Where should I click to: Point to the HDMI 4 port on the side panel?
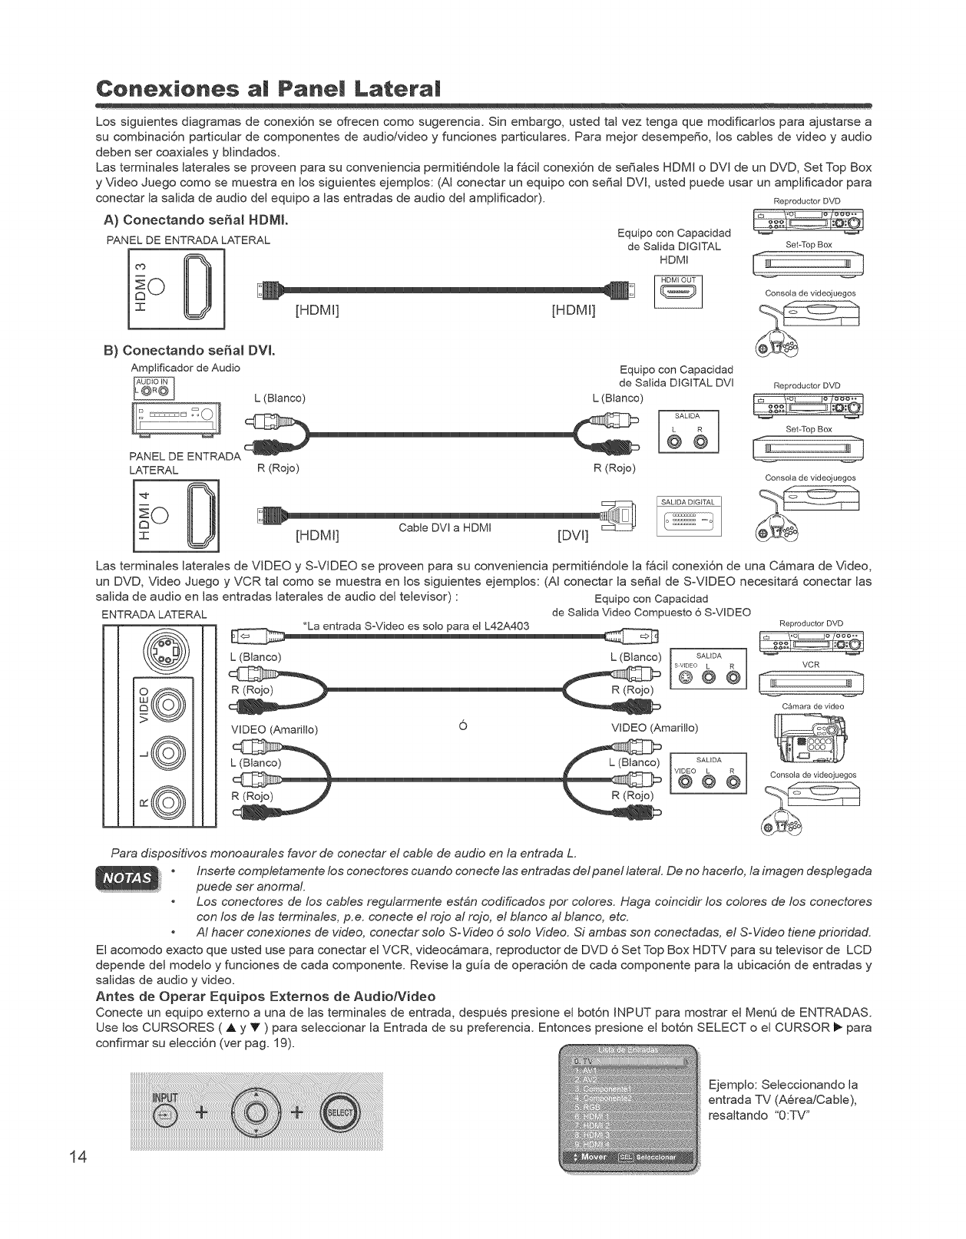(x=195, y=514)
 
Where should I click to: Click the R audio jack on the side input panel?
(x=164, y=802)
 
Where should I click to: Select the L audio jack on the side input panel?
(x=164, y=752)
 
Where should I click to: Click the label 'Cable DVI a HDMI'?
(x=444, y=528)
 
